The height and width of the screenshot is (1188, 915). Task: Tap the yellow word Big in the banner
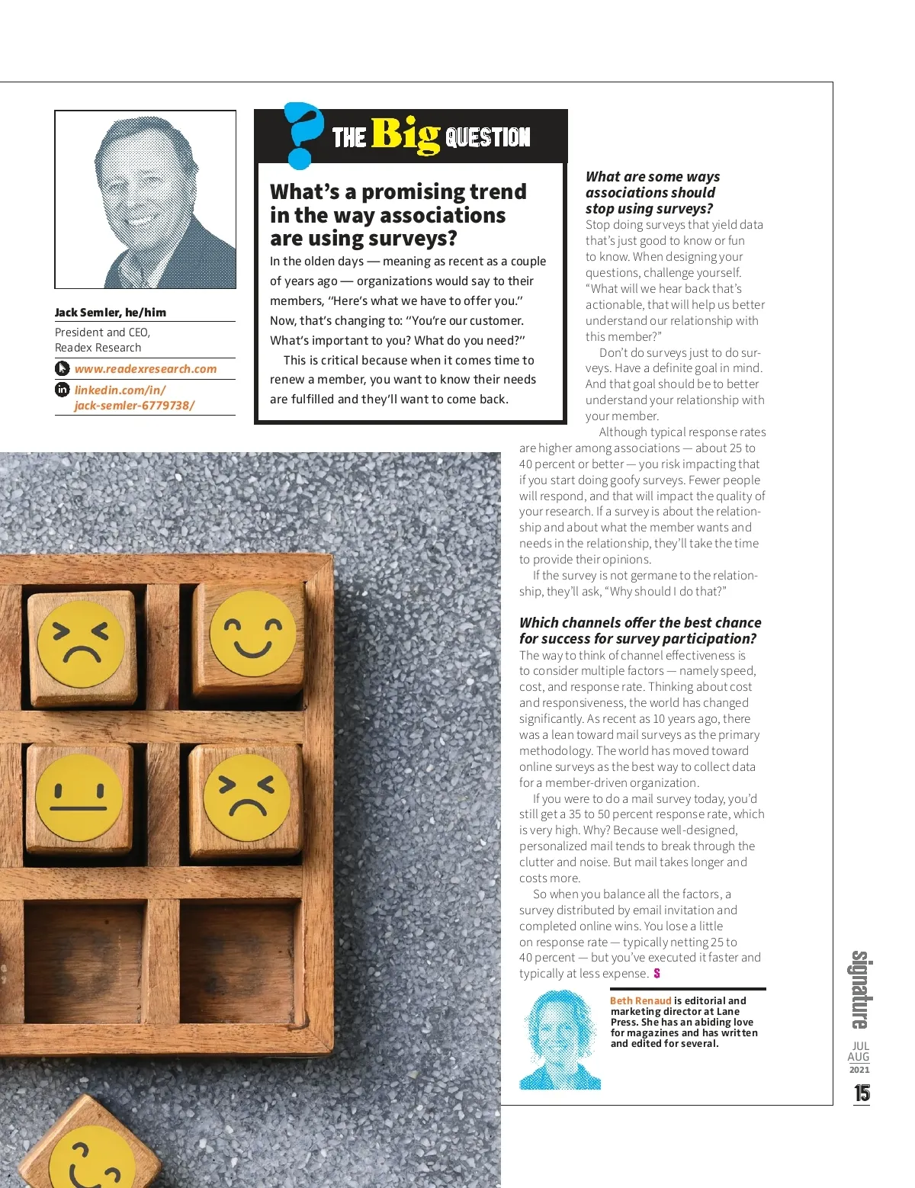405,136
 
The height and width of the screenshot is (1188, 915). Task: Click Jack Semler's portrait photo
146,200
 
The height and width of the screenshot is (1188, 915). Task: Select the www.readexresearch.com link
145,369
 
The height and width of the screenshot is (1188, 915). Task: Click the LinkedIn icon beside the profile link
63,390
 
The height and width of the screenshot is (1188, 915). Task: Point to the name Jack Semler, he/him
111,313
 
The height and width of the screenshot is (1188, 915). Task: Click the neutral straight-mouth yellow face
79,797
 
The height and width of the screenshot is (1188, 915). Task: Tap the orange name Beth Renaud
640,1000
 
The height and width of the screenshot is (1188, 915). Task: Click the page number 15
862,1093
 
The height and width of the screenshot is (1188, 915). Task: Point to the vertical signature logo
860,989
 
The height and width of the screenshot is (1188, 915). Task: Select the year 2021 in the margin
859,1070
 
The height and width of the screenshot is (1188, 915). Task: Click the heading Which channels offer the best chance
640,631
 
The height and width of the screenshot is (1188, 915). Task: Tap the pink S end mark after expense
657,974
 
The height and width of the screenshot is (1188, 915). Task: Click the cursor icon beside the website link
63,369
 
